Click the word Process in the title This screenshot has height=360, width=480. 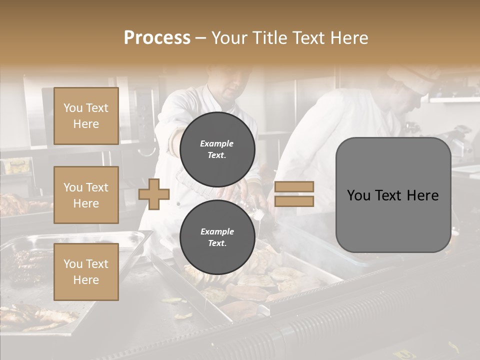pos(157,37)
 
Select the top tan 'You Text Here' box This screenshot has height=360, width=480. pos(86,116)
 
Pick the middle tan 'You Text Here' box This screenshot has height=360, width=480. pos(86,195)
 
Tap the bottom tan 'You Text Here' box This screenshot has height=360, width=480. pos(86,271)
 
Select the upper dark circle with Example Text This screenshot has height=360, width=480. pos(217,149)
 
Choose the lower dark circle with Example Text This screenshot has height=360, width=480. pos(217,237)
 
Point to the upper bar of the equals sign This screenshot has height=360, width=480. pos(294,187)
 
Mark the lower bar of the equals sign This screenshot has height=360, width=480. pos(294,201)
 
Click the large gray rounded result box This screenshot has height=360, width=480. pos(393,220)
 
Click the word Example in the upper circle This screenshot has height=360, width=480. pos(217,143)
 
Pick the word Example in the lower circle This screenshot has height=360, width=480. pos(217,231)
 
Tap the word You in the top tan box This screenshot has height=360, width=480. pos(73,108)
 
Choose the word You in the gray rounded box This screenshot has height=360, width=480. pos(358,195)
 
